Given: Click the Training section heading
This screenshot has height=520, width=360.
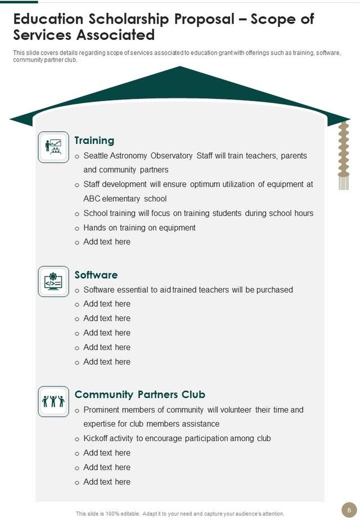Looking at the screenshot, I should point(94,141).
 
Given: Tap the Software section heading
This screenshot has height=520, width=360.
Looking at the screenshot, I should point(96,275).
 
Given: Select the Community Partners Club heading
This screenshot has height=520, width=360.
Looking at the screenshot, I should point(139,395).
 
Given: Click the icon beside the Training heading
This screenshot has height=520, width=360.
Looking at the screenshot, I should point(53,147).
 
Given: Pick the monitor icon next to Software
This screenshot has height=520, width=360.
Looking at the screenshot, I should point(53,281).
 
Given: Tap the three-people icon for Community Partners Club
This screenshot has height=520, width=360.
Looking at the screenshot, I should point(53,401).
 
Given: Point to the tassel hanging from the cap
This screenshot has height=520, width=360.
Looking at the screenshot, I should point(343,158).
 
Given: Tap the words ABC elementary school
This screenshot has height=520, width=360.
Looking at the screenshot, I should point(125,199).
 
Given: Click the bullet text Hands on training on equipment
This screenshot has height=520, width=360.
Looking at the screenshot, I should point(139,228).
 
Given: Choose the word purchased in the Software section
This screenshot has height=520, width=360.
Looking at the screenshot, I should point(274,290).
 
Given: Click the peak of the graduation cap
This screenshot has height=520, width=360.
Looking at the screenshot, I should point(180,68).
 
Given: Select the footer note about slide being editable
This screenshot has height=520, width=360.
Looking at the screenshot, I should point(180,513).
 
